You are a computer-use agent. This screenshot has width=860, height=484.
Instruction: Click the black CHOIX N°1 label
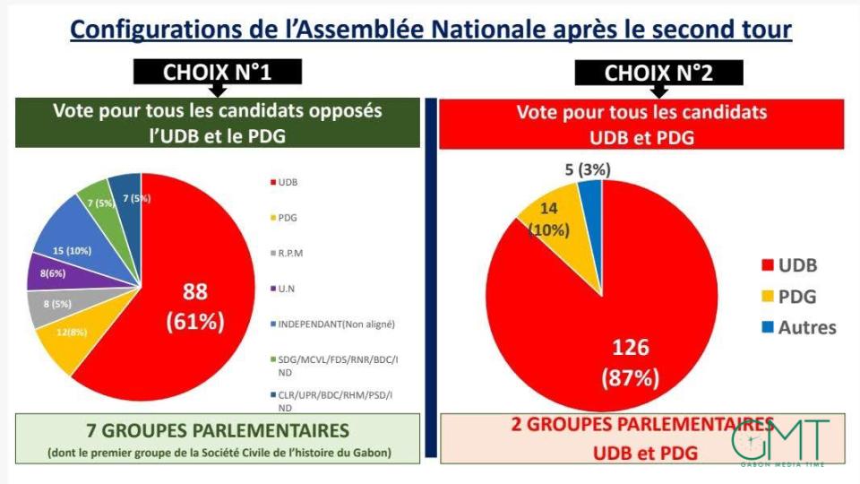[217, 72]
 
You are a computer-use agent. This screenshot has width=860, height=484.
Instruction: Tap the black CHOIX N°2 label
[658, 73]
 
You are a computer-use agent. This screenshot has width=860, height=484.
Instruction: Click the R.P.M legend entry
[293, 253]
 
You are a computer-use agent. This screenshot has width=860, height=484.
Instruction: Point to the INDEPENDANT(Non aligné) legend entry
[332, 323]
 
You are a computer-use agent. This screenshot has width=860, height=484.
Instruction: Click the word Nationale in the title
[503, 29]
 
